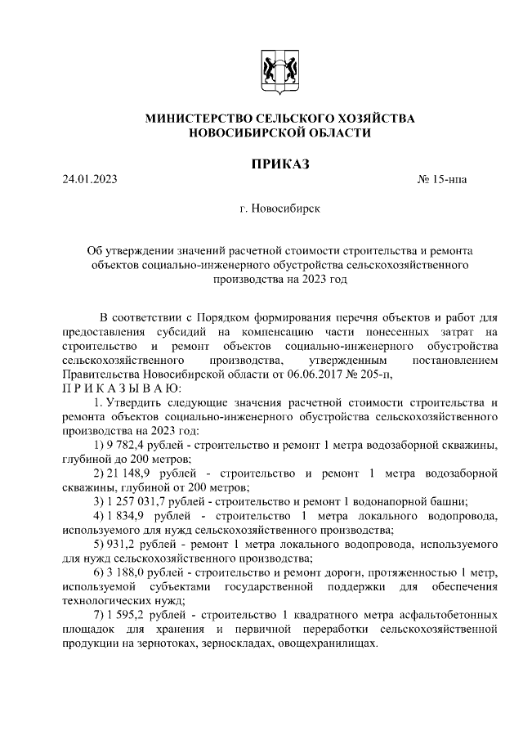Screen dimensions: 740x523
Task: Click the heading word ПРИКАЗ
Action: [x=279, y=165]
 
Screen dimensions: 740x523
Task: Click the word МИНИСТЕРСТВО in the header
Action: [x=200, y=119]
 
